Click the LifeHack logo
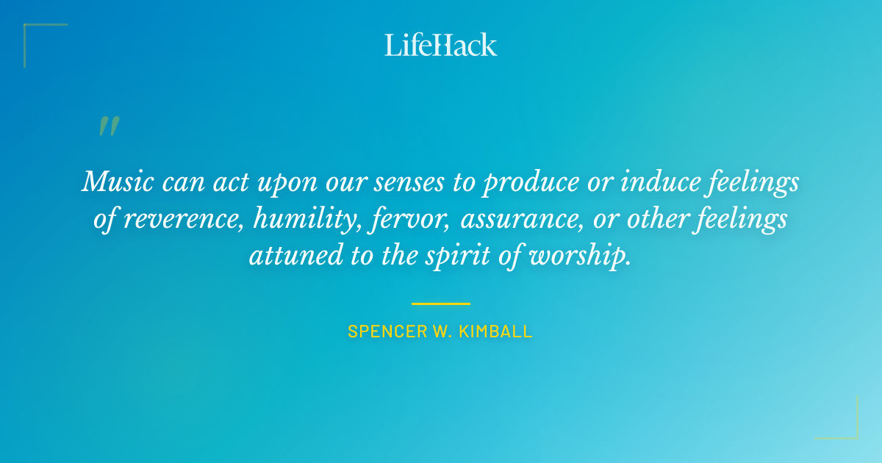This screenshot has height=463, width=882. pyautogui.click(x=441, y=45)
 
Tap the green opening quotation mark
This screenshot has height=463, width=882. pyautogui.click(x=108, y=126)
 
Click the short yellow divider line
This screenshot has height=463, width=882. pyautogui.click(x=440, y=304)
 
